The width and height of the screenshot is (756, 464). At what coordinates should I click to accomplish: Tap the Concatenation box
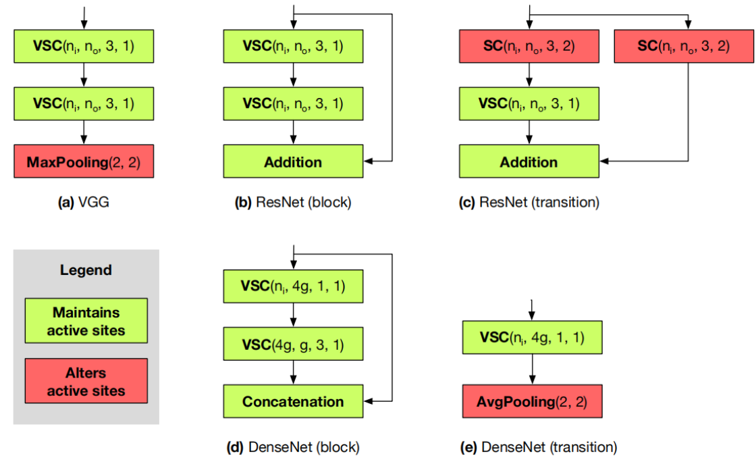pos(293,401)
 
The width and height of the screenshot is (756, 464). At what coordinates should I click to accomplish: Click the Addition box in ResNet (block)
pos(293,162)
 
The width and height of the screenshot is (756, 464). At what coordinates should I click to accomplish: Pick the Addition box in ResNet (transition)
pos(529,162)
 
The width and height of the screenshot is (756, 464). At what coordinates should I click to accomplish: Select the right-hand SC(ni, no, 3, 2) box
pos(684,47)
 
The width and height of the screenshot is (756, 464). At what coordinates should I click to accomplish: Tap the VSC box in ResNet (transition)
pos(529,103)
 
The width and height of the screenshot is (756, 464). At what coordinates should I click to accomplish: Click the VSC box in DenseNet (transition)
pos(532,337)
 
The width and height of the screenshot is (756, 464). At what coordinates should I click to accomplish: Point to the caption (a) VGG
pos(84,202)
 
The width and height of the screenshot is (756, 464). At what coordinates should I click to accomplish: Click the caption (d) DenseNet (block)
pos(293,446)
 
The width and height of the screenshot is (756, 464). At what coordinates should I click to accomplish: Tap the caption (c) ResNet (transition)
pos(529,202)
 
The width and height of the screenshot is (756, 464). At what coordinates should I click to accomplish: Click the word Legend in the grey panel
pos(86,270)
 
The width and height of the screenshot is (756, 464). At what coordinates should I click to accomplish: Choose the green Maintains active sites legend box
pos(86,321)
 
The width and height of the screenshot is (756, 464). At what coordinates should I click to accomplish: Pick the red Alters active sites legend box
pos(86,382)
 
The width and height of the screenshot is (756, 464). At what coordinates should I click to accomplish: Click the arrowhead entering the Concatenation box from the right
pos(368,401)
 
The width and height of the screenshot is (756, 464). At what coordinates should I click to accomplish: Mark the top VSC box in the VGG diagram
pos(84,47)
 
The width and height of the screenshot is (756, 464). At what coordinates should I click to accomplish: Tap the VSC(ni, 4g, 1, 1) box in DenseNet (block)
pos(293,286)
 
